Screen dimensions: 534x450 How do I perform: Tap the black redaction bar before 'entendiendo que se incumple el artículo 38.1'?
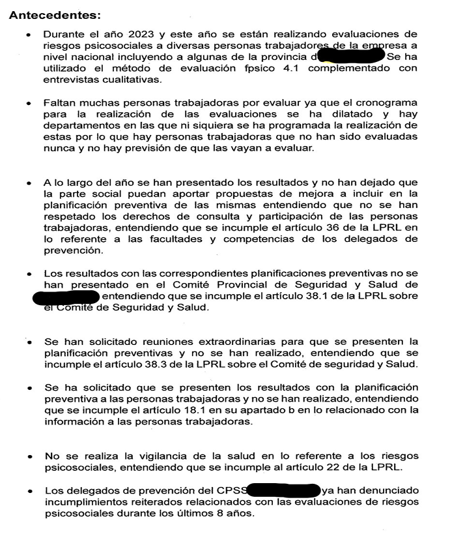(x=66, y=297)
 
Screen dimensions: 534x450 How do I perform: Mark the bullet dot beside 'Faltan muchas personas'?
(x=28, y=104)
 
